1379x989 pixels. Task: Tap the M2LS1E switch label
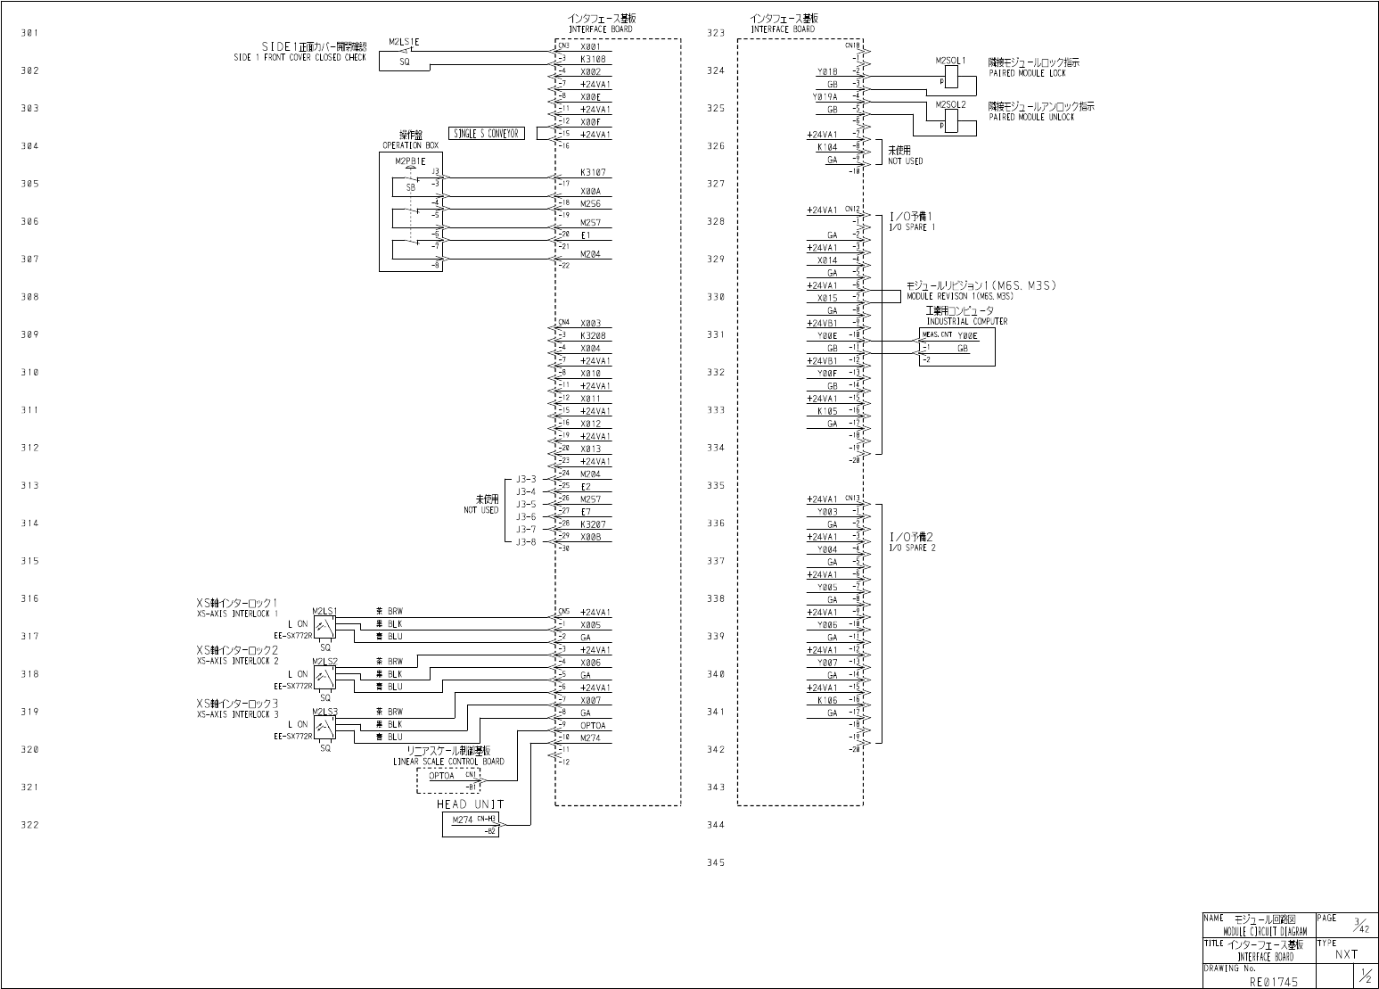coord(404,42)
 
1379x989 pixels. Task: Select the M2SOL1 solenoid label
coord(950,61)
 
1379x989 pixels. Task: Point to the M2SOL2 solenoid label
coord(950,104)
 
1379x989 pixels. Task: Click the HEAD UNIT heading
coord(470,804)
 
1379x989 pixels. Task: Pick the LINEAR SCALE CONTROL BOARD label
coord(448,762)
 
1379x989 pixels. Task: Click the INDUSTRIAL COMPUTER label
coord(966,321)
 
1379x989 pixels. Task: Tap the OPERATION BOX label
coord(410,144)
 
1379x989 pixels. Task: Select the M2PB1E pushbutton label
coord(410,161)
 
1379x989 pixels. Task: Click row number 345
coord(716,862)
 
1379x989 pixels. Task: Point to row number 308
coord(29,297)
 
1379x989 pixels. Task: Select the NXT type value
coord(1346,954)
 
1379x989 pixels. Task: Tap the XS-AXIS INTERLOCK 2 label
coord(237,661)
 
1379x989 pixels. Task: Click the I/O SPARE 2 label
coord(912,548)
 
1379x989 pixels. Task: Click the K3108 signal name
coord(593,59)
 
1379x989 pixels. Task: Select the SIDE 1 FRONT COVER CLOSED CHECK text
coord(300,57)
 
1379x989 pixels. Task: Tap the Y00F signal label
coord(827,373)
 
